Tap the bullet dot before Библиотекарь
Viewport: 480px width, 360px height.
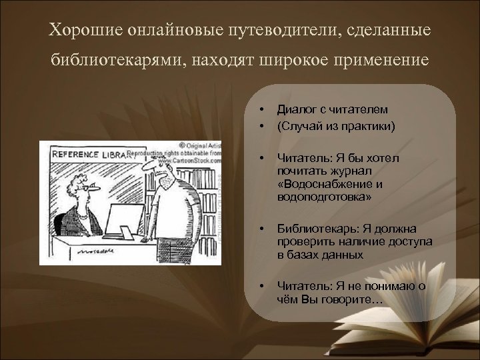[262, 229]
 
